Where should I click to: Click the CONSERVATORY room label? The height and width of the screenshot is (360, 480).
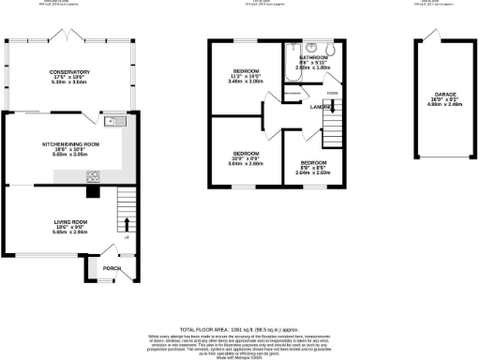point(69,72)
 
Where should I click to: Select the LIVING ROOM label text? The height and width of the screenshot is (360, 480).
point(69,221)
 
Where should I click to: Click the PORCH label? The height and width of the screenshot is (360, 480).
point(112,268)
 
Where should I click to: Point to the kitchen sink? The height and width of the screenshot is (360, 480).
point(112,120)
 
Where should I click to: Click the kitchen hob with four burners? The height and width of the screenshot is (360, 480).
point(94,175)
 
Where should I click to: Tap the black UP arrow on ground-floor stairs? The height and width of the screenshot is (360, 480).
point(127,225)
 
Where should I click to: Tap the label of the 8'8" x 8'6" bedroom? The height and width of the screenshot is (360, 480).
point(308,161)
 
